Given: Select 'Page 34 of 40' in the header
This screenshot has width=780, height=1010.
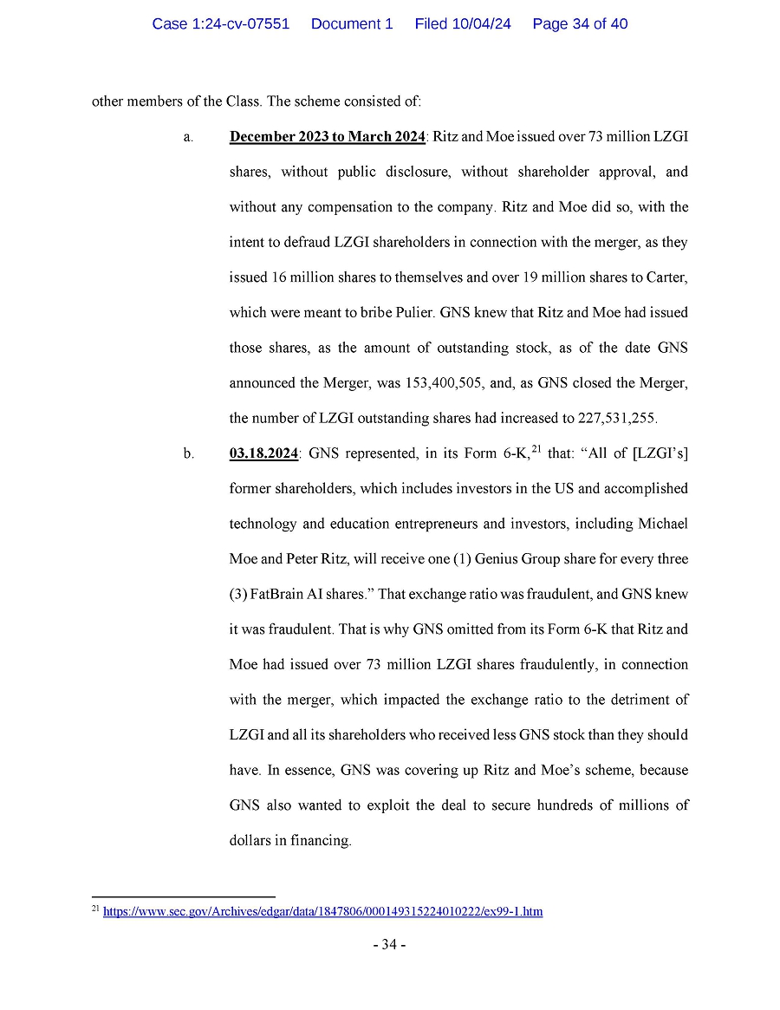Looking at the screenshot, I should click(x=580, y=24).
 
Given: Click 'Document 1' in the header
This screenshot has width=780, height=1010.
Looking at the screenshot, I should click(x=351, y=24).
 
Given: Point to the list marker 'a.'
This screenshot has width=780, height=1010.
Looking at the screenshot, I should click(x=187, y=137).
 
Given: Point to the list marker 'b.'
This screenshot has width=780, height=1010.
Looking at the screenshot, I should click(x=188, y=453).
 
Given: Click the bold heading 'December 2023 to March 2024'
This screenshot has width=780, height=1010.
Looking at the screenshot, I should click(x=327, y=137).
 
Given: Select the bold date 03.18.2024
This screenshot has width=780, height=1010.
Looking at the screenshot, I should click(x=263, y=453).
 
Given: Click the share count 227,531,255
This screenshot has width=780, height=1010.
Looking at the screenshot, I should click(x=616, y=418).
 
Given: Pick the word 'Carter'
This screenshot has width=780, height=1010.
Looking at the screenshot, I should click(x=666, y=277).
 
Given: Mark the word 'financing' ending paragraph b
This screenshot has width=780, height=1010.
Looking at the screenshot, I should click(x=322, y=840).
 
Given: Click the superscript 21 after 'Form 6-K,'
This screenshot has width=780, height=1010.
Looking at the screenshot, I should click(x=535, y=447).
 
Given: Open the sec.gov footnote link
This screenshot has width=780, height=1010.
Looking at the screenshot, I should click(x=322, y=911).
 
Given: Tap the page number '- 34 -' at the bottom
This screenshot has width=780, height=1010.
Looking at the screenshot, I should click(x=389, y=945).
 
